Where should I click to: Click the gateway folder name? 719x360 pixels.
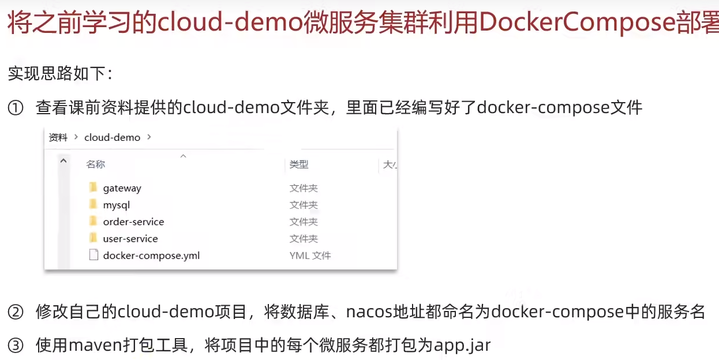click(122, 188)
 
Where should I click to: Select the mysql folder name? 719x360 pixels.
click(116, 205)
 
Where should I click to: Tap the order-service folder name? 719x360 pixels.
click(133, 222)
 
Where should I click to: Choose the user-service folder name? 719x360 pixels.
click(130, 239)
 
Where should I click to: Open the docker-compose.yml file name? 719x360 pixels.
click(151, 256)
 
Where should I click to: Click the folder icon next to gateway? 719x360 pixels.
click(93, 187)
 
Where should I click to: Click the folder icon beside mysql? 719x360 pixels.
click(93, 204)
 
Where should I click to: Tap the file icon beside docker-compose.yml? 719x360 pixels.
click(93, 255)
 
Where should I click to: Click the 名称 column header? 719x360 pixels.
click(95, 164)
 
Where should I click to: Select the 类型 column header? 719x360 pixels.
click(299, 164)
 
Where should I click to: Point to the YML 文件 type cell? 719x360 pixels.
click(310, 256)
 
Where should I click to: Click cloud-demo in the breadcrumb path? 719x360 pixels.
click(113, 138)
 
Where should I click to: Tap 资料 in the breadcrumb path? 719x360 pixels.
click(58, 138)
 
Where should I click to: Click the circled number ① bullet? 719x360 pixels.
click(16, 108)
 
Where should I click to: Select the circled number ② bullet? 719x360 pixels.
click(16, 312)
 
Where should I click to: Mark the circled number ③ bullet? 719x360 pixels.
click(16, 346)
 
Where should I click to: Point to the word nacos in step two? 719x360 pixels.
click(369, 312)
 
